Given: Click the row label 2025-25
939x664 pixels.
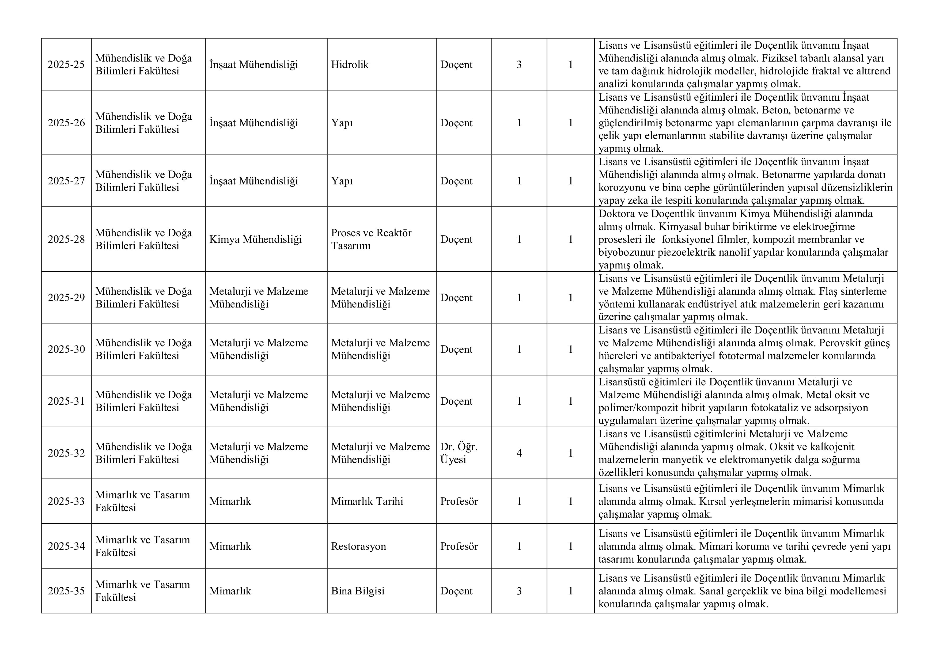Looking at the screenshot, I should click(66, 64).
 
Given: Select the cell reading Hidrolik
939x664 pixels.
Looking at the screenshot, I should click(350, 64).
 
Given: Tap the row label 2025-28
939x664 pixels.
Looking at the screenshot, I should click(66, 239).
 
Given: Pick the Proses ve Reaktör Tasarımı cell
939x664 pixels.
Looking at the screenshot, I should click(371, 239).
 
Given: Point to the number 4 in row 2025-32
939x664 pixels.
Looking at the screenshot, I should click(519, 453).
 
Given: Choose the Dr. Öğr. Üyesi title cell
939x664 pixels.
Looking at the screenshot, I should click(459, 453).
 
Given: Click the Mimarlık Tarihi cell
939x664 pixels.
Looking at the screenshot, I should click(367, 501).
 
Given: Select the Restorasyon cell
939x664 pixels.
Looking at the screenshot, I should click(358, 546).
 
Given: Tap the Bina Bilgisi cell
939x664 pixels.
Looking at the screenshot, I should click(357, 591).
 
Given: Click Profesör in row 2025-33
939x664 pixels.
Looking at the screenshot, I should click(459, 501).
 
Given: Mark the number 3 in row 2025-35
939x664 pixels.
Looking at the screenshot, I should click(519, 591).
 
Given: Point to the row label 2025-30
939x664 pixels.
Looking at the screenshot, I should click(66, 349).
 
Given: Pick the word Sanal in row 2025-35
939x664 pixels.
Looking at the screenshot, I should click(713, 591).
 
